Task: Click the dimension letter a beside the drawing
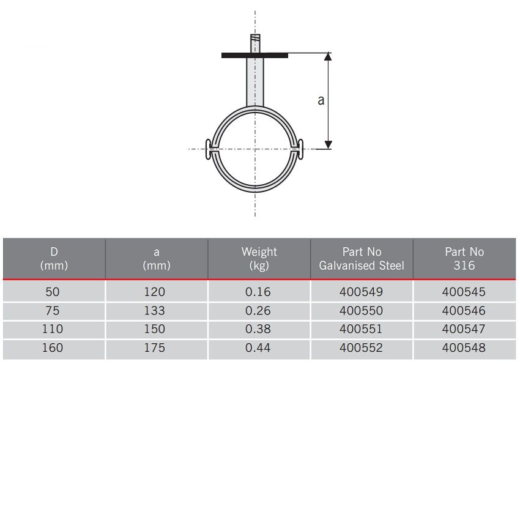tap(321, 100)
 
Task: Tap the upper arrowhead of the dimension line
tap(328, 56)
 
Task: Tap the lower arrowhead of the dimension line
tap(328, 145)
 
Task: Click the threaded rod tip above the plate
tap(255, 43)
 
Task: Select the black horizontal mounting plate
tap(254, 56)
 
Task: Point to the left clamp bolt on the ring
tap(208, 149)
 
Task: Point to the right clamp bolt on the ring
tap(300, 149)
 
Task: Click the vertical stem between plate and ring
tap(255, 82)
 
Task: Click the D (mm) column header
tap(54, 259)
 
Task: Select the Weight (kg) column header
tap(259, 259)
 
